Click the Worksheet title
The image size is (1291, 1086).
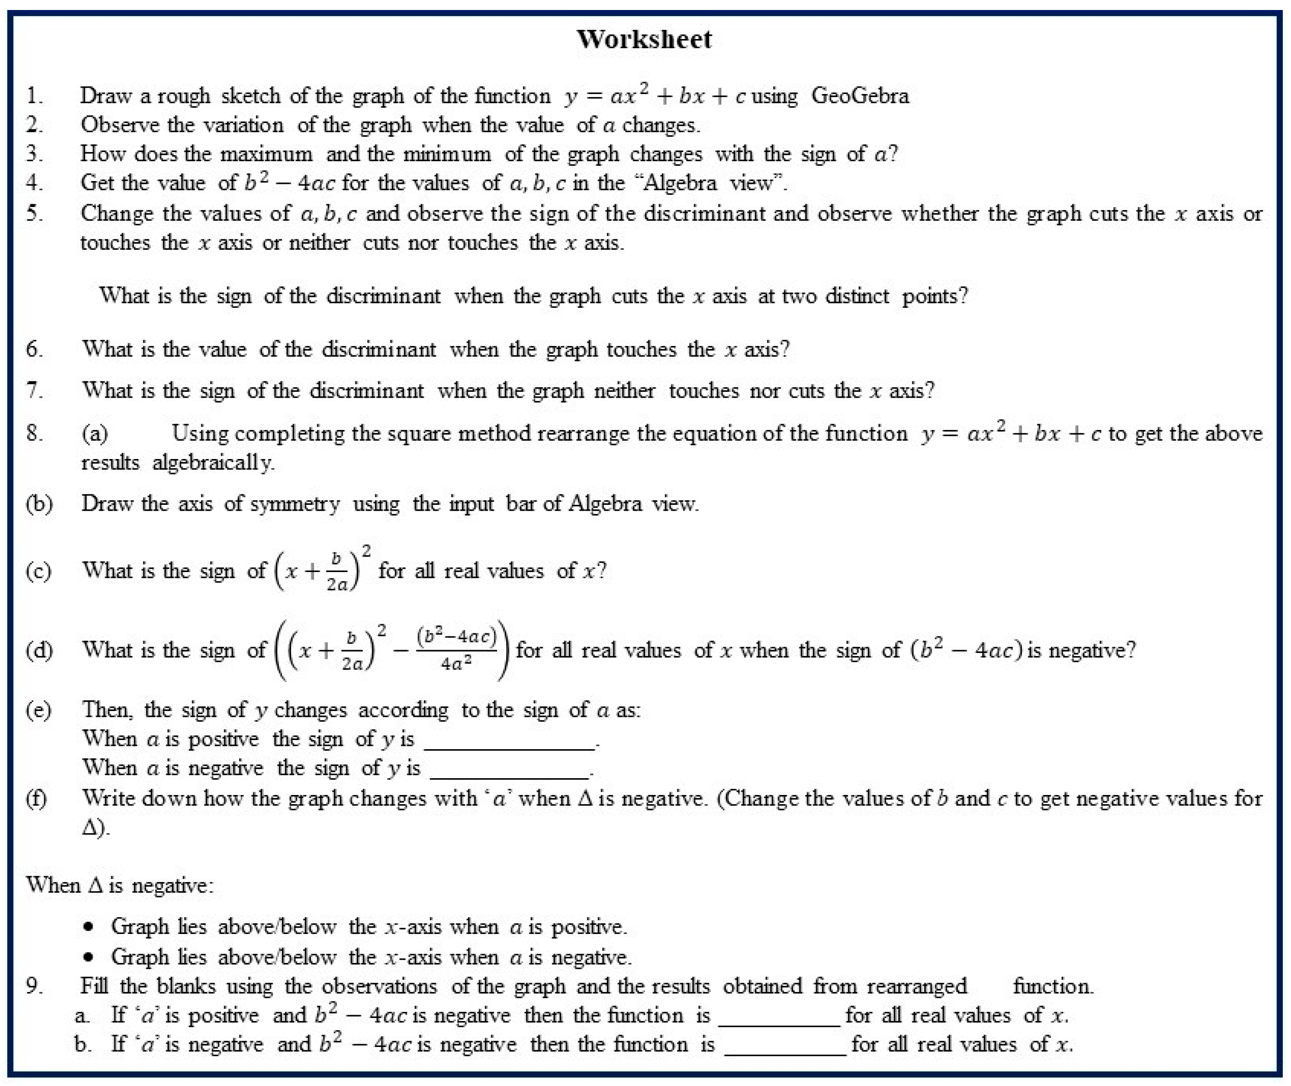coord(644,39)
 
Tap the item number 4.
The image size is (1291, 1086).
coord(34,183)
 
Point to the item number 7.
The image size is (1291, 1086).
coord(34,390)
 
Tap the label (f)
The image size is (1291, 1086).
coord(36,799)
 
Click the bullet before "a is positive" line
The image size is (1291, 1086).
coord(90,927)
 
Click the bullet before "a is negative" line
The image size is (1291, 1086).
coord(90,958)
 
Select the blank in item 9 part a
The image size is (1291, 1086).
coord(779,1016)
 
